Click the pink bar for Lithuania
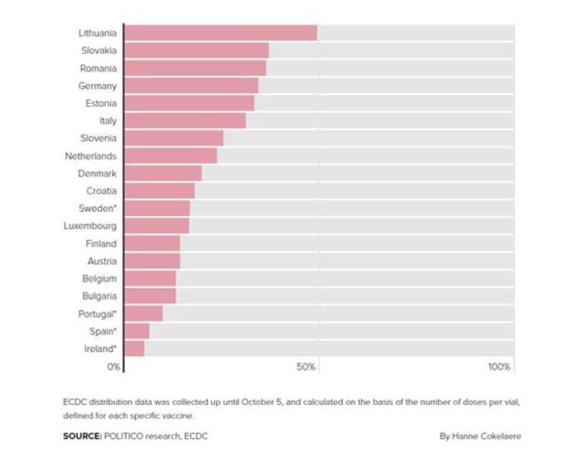point(221,33)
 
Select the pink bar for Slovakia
point(197,51)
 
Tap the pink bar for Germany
point(191,85)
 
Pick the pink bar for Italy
point(185,121)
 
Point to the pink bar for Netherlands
point(171,156)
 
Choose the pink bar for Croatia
point(159,191)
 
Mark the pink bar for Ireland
point(134,349)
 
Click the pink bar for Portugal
point(144,314)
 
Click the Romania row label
point(98,68)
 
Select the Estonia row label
point(101,104)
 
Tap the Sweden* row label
point(98,208)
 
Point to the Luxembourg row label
point(90,226)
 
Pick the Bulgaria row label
point(100,296)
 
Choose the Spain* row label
point(102,331)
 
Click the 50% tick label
point(306,367)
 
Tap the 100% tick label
point(500,367)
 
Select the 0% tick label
point(115,367)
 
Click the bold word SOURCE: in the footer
point(82,436)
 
